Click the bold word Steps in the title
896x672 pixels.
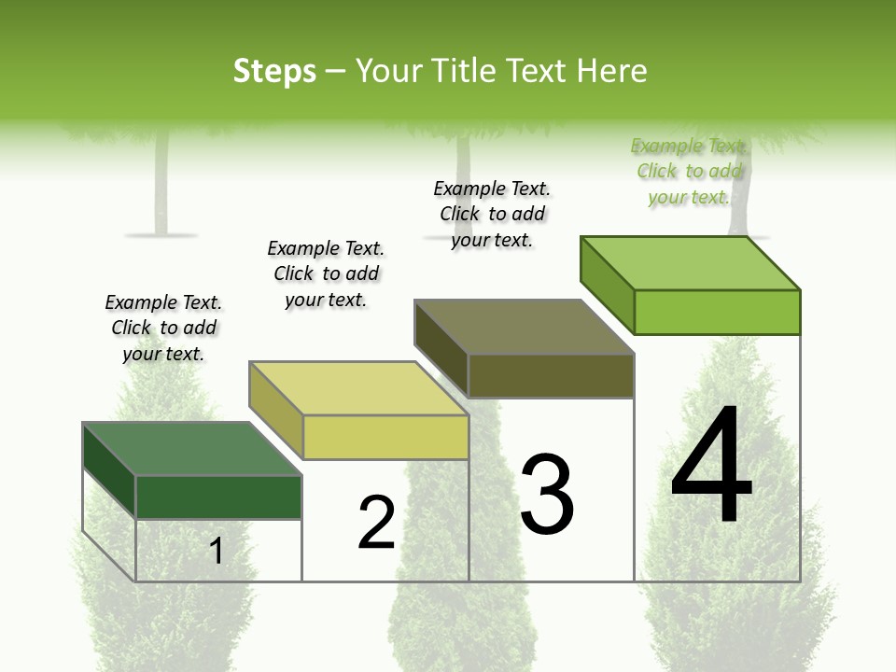coord(274,71)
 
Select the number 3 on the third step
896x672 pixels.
coord(547,495)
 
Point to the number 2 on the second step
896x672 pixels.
coord(377,524)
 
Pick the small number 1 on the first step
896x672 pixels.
coord(217,552)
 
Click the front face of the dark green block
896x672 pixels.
coord(218,497)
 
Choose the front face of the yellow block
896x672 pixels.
coord(385,437)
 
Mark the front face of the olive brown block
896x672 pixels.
coord(551,376)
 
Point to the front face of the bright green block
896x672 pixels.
coord(717,312)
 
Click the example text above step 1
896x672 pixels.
coord(163,328)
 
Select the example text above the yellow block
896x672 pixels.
coord(326,273)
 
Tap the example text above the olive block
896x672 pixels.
coord(492,214)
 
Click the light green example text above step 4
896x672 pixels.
coord(689,171)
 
